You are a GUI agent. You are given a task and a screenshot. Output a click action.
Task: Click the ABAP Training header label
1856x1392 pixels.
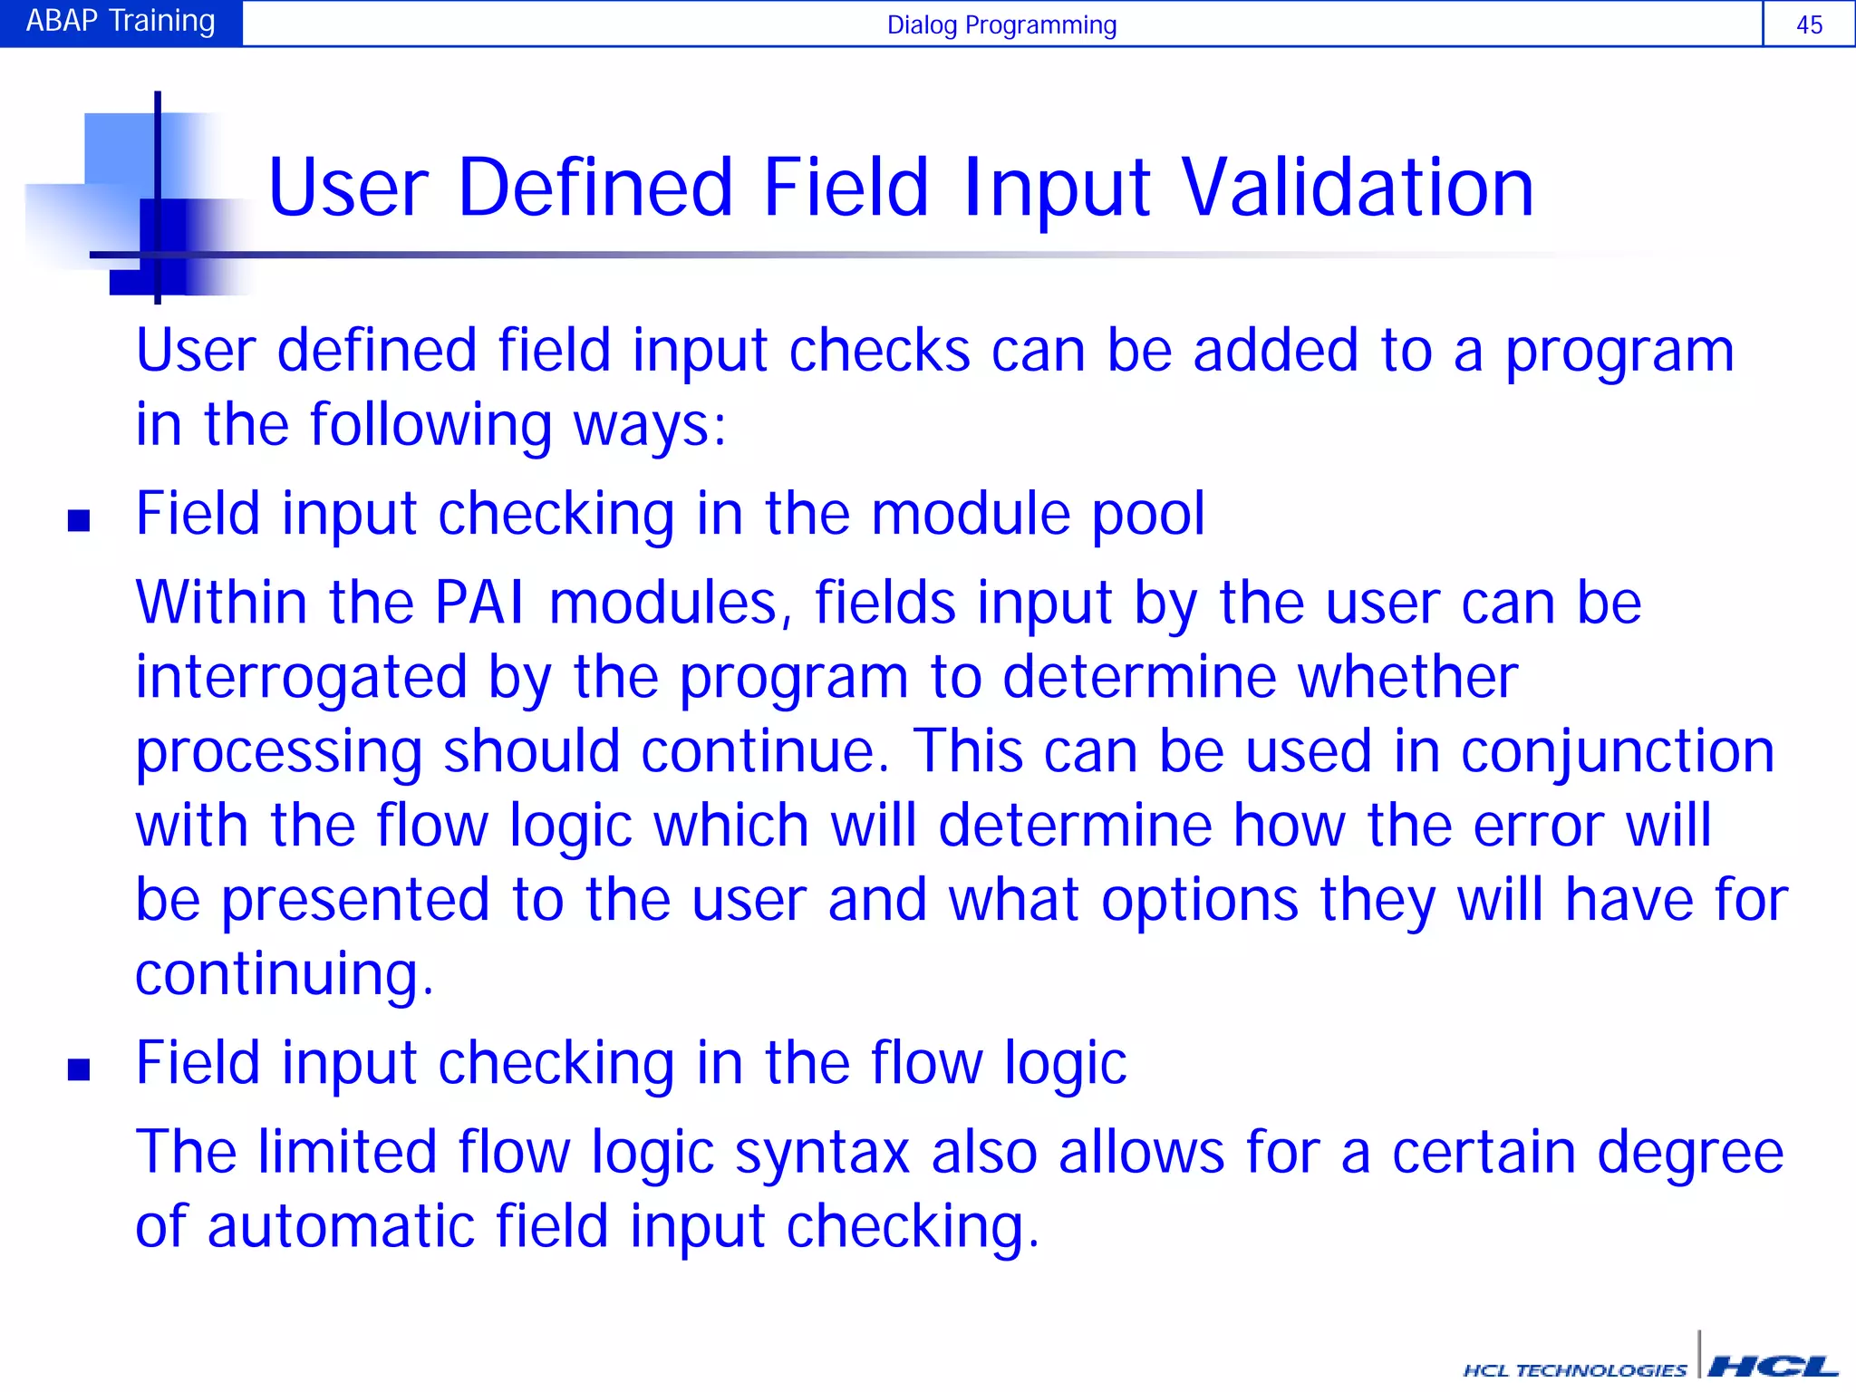[121, 22]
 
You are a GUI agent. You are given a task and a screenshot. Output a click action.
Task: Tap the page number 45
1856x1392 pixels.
[1809, 24]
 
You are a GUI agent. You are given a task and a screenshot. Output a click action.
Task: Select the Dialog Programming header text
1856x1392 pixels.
[1001, 24]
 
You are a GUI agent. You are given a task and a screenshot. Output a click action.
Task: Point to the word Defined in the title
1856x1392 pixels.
[594, 188]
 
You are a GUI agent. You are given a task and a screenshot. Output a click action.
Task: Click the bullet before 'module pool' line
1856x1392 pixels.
[79, 520]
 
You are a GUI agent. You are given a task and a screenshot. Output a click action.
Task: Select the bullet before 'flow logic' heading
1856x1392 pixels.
[79, 1070]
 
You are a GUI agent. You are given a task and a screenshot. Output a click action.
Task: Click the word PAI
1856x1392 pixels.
[479, 603]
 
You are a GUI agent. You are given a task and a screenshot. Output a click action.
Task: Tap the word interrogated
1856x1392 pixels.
[301, 679]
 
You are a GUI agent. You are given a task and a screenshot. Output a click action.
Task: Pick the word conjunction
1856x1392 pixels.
[1617, 752]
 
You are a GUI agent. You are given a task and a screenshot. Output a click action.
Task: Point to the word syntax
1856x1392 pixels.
[821, 1154]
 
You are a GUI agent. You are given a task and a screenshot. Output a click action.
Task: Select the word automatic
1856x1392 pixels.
[341, 1227]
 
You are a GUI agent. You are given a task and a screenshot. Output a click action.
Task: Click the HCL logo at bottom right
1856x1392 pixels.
[1773, 1367]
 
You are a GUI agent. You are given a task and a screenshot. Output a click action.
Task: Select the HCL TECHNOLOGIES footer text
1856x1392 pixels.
[1575, 1370]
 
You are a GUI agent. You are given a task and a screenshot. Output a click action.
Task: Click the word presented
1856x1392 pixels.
[355, 901]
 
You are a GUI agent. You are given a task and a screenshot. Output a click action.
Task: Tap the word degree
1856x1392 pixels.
[1689, 1154]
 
